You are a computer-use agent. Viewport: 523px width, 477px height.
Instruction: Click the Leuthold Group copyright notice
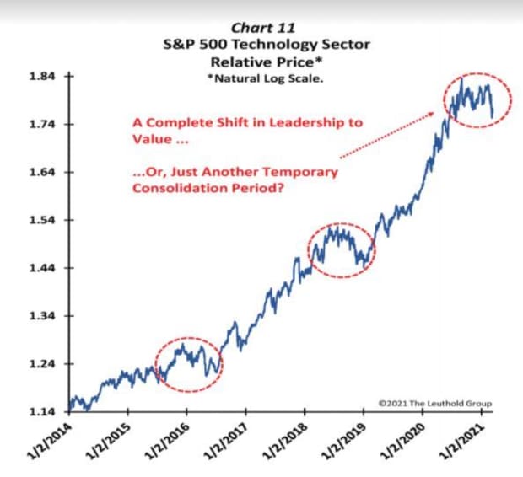(434, 404)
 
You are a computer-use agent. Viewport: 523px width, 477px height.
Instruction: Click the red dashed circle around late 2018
(342, 250)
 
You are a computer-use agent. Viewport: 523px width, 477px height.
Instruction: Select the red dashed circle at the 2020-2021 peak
(478, 101)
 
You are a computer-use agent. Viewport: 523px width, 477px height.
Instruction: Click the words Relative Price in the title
(267, 60)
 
